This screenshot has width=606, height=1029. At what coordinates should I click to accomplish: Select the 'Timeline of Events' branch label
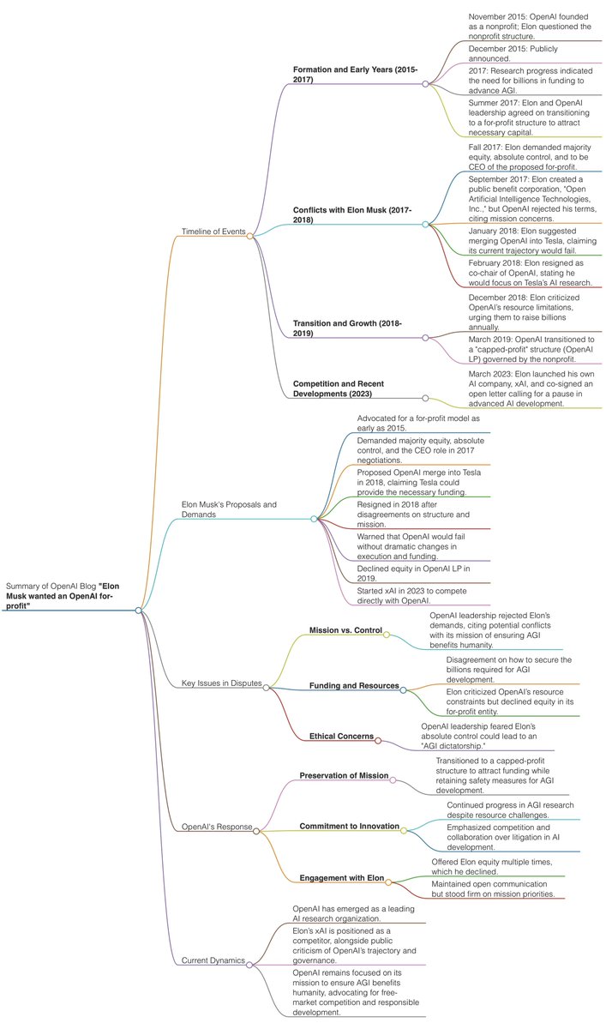pyautogui.click(x=213, y=231)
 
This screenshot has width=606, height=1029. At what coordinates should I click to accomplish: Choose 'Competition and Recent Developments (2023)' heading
pyautogui.click(x=350, y=388)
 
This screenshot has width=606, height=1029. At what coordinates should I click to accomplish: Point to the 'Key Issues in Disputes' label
pyautogui.click(x=221, y=683)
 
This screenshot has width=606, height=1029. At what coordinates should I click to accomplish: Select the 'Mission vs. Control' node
pyautogui.click(x=345, y=631)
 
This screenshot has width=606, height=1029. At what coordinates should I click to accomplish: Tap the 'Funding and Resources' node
pyautogui.click(x=353, y=686)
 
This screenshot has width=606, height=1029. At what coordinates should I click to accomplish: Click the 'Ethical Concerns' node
pyautogui.click(x=341, y=736)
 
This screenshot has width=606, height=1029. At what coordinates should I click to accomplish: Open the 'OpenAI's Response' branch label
pyautogui.click(x=217, y=827)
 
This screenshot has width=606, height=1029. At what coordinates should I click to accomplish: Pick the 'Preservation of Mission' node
pyautogui.click(x=344, y=776)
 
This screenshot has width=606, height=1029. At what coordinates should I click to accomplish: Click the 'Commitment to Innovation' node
pyautogui.click(x=349, y=827)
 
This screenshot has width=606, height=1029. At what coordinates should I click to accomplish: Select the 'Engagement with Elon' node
pyautogui.click(x=341, y=879)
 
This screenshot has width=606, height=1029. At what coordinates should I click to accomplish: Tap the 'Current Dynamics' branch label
pyautogui.click(x=213, y=960)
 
